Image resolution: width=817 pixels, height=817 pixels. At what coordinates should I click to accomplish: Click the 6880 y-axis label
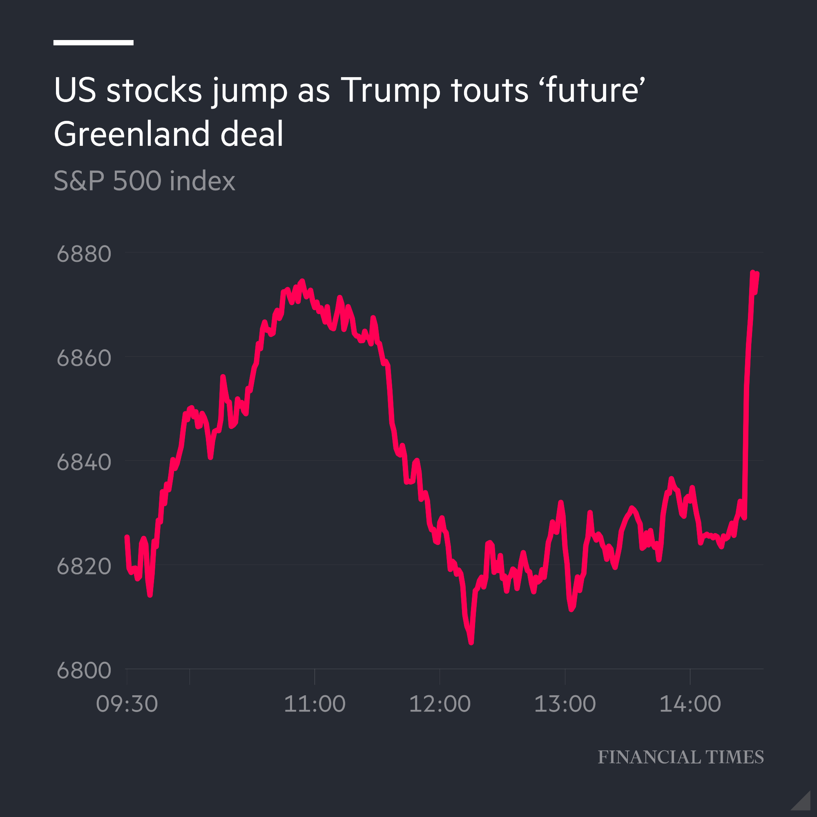click(x=84, y=254)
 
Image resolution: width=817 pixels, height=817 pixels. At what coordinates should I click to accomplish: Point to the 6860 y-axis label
click(x=84, y=358)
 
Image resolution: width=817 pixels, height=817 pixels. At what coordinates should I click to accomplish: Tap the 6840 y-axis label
click(x=84, y=462)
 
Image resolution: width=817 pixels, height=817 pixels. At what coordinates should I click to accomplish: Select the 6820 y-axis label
click(x=84, y=567)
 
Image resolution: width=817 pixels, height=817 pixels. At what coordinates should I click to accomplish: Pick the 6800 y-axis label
click(x=84, y=671)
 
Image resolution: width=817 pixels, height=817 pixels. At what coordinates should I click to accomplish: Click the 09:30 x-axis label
click(x=127, y=704)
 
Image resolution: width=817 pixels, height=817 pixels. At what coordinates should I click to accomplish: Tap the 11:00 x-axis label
click(x=315, y=704)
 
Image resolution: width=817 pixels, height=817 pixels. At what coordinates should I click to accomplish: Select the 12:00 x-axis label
click(x=440, y=704)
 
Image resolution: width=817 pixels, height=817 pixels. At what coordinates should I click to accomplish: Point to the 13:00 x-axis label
click(x=565, y=704)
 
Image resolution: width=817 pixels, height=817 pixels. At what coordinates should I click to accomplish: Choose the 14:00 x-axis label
click(x=690, y=704)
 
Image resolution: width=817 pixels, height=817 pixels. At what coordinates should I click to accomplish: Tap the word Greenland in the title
click(x=132, y=134)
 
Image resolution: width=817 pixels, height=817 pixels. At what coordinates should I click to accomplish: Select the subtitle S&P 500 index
click(x=144, y=181)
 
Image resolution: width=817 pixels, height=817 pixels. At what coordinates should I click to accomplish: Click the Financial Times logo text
click(x=681, y=757)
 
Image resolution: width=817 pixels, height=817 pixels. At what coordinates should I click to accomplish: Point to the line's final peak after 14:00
click(x=753, y=273)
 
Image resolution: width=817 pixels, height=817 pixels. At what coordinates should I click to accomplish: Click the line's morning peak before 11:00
click(x=302, y=281)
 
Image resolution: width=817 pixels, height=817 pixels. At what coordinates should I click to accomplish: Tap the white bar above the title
click(x=94, y=42)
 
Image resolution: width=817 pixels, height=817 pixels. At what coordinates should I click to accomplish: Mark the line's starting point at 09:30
click(x=127, y=537)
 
